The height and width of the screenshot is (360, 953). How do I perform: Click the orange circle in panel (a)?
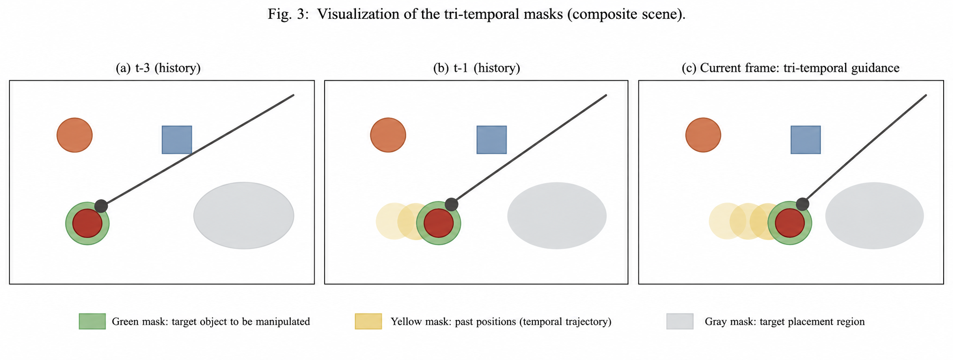coord(75,135)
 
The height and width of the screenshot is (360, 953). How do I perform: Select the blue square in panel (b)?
coord(491,140)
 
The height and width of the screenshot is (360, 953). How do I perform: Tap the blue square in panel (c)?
coord(805,140)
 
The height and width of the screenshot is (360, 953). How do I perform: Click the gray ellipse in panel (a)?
coord(244,216)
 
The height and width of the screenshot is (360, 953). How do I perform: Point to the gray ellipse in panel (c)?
coord(875,216)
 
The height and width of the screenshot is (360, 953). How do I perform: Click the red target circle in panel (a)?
coord(87,223)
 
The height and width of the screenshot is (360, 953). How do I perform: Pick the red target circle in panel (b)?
coord(438,223)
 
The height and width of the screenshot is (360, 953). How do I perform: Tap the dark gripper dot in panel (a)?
coord(101,206)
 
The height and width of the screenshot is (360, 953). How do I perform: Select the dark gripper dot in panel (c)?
coord(802,204)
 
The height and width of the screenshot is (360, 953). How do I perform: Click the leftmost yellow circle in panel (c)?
coord(727,221)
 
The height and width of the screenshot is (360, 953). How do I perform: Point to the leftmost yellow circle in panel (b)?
coord(394,221)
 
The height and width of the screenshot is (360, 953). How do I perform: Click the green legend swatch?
coord(92,321)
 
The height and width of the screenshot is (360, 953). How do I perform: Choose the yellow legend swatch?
coord(368,321)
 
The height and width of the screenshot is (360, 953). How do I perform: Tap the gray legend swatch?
coord(680,321)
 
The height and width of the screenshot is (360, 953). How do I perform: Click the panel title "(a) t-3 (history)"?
coord(158,68)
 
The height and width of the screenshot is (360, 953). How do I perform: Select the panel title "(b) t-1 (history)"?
coord(477,68)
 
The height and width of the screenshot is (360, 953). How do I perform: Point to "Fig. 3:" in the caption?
coord(288,14)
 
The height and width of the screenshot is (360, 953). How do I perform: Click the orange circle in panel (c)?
coord(703,135)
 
